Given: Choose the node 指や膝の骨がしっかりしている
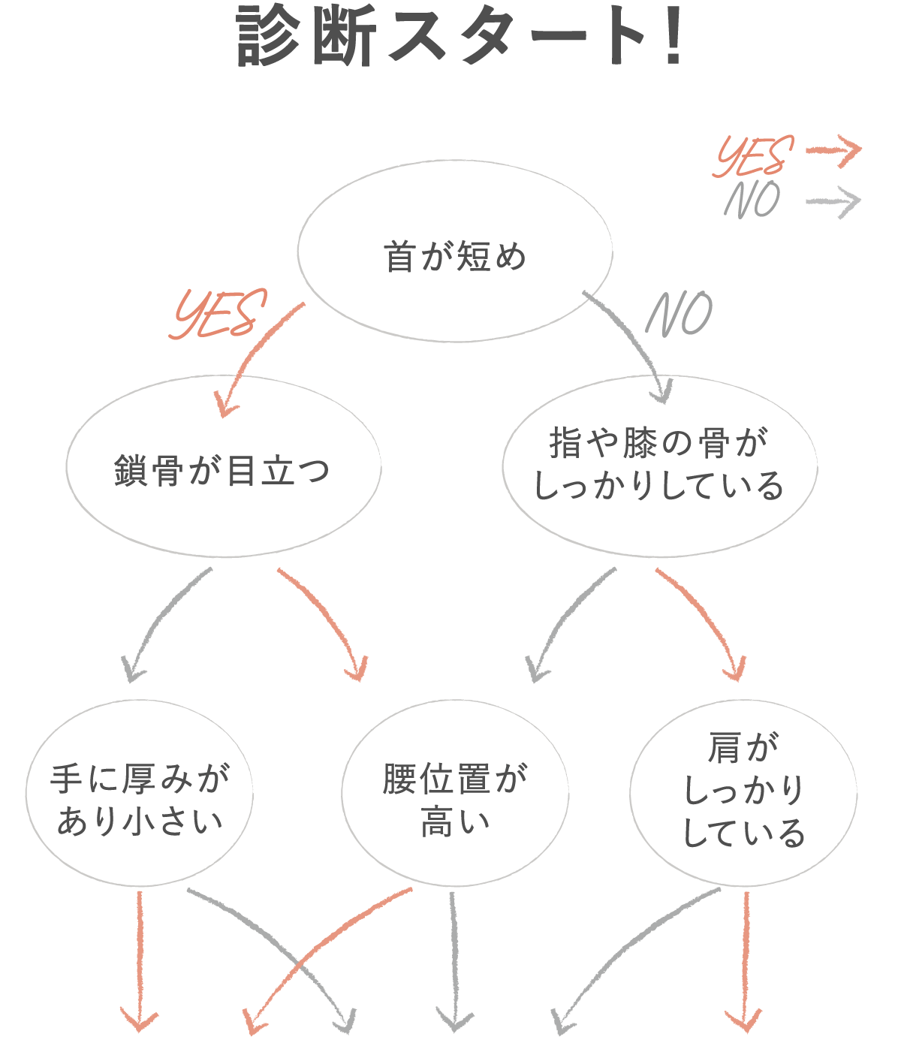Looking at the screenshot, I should click(x=659, y=466).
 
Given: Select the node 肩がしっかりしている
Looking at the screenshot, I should click(x=743, y=793).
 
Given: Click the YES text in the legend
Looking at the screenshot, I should click(x=754, y=156).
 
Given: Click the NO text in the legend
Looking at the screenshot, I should click(x=752, y=200).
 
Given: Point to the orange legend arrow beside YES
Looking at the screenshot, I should click(x=833, y=151).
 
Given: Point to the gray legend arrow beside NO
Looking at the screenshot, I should click(x=833, y=202).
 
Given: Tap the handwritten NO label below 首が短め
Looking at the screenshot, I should click(x=680, y=314).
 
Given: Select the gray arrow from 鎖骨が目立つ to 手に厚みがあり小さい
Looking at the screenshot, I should click(x=161, y=623).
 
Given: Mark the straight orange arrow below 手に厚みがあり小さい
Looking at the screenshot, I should click(x=140, y=961).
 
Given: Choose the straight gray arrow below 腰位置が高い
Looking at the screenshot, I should click(x=454, y=961).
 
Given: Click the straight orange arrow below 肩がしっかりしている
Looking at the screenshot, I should click(x=745, y=961).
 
